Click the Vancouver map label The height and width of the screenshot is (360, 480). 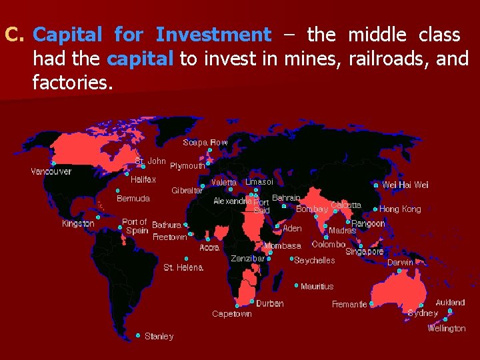point(51,171)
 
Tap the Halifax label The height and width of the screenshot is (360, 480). point(143,179)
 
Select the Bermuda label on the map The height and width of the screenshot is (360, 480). point(133,198)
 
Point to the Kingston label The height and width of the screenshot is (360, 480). point(78,223)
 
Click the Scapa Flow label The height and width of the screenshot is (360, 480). point(205,142)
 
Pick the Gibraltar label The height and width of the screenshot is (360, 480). point(187,190)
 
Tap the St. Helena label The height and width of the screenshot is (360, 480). point(183,267)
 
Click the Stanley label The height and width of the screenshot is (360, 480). point(159,336)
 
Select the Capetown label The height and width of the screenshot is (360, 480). point(231,313)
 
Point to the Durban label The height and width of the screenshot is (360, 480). point(270,303)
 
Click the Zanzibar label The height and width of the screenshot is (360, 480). point(247,258)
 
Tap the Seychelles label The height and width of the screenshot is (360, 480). point(315,260)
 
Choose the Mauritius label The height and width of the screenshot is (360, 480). point(317,286)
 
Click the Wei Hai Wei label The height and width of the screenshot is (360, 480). point(405,185)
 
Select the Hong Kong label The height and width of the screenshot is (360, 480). point(400,209)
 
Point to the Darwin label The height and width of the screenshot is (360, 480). point(400,262)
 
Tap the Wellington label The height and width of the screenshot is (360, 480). point(447,328)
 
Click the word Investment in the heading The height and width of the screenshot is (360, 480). point(213,34)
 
